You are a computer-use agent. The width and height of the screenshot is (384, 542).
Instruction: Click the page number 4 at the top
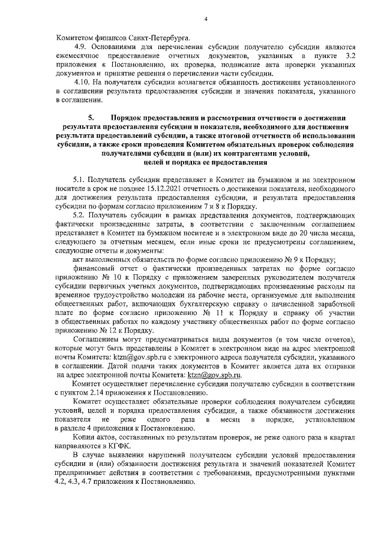point(205,20)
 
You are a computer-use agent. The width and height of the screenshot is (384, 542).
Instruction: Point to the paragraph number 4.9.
point(81,47)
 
